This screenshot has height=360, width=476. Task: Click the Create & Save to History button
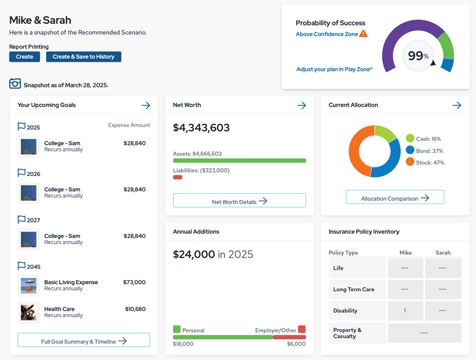coord(83,57)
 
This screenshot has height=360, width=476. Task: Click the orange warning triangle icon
coord(363,34)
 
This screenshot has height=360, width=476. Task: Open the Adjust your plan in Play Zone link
coord(334,69)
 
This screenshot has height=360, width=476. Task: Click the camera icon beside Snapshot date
coord(15,84)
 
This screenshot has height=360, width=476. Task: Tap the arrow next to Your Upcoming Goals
coord(146,105)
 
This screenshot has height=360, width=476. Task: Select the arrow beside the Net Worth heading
coord(302,105)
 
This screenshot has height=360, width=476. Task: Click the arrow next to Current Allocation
coord(457,105)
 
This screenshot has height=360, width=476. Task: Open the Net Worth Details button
coord(239,201)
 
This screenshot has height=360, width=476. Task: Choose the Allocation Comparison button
coord(395,197)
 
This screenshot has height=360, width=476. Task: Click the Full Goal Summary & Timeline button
coord(84,341)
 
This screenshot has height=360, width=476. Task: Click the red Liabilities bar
coord(177,178)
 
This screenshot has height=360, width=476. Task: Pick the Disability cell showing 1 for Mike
coord(405,311)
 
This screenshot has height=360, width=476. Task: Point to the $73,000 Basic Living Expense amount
coord(134,282)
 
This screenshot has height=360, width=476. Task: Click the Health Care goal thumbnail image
coord(28,312)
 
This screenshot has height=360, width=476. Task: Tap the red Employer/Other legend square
coord(302,330)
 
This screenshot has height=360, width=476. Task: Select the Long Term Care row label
coord(354,289)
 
